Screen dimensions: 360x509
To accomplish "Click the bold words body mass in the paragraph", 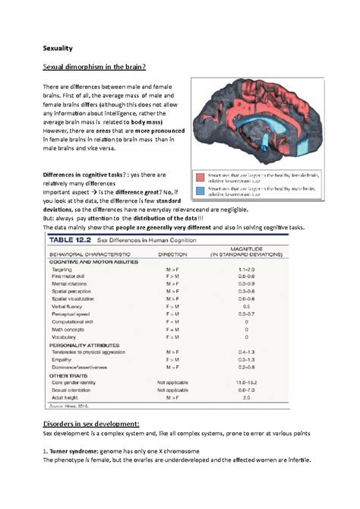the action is pyautogui.click(x=153, y=119).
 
